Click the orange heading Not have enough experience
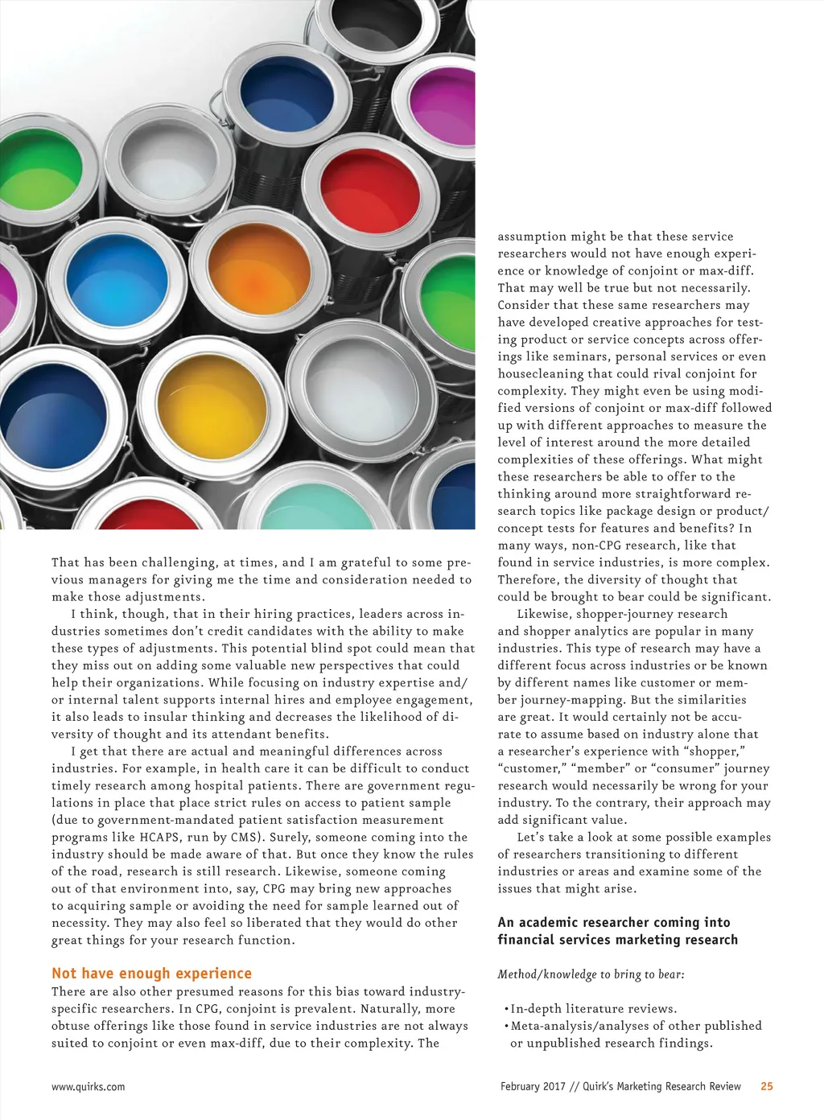(151, 974)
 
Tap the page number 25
(767, 1086)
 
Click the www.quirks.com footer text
(88, 1087)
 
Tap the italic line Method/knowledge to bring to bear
(591, 974)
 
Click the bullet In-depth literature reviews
(593, 1009)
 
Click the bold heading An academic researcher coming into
(614, 923)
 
